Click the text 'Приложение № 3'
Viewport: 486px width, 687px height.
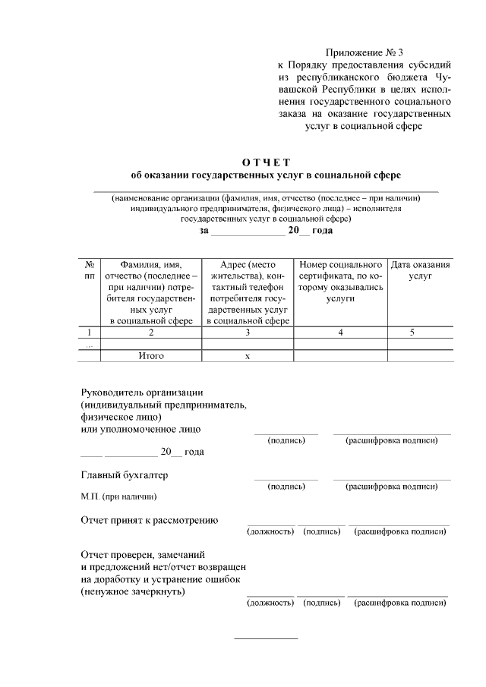364,52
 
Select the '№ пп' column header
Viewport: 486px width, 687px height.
90,271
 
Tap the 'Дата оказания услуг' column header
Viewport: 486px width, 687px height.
420,271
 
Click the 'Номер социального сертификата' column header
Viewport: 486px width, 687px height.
340,282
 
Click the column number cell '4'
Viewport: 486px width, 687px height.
340,332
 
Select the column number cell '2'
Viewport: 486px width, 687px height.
151,332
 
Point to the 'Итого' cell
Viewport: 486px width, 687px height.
151,355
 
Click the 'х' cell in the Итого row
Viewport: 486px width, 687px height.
248,355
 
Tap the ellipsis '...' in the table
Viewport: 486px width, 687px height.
90,344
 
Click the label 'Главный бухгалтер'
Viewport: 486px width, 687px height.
125,475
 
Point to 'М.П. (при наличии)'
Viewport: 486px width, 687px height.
118,497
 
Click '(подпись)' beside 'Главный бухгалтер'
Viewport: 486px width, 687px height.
286,486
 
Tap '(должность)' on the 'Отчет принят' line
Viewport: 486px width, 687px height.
271,531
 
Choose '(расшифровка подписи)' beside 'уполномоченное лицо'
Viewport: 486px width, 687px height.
391,440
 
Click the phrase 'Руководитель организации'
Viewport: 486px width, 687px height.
142,392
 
